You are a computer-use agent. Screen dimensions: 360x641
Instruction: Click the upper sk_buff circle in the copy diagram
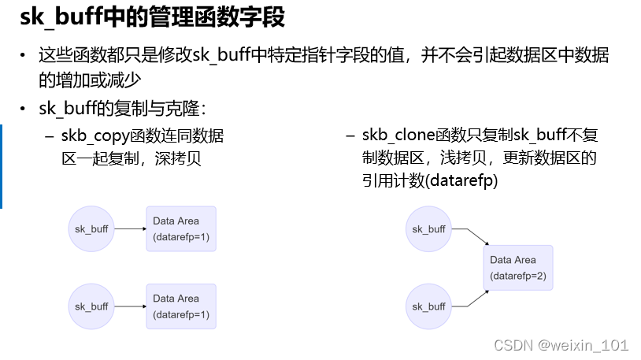[x=91, y=229]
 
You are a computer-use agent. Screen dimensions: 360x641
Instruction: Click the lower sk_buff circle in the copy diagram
[x=91, y=306]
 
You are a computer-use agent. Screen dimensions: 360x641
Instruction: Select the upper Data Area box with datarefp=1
[x=181, y=229]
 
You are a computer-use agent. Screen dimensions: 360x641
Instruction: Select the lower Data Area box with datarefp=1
[x=181, y=306]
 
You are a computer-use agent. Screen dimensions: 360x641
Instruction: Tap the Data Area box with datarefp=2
[x=517, y=269]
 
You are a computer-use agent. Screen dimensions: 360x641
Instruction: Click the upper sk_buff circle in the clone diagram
[x=429, y=229]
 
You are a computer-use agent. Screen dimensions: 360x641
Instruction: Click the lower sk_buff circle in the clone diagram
[x=429, y=306]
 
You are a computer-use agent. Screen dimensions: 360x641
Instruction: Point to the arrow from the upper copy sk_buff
[x=130, y=229]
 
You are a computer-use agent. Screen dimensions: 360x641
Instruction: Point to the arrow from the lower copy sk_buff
[x=130, y=306]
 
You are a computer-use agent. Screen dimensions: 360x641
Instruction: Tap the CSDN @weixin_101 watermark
[x=561, y=345]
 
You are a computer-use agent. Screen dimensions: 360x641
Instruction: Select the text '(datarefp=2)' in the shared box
[x=517, y=276]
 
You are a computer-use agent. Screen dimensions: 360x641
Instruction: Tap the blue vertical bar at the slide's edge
[x=2, y=165]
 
